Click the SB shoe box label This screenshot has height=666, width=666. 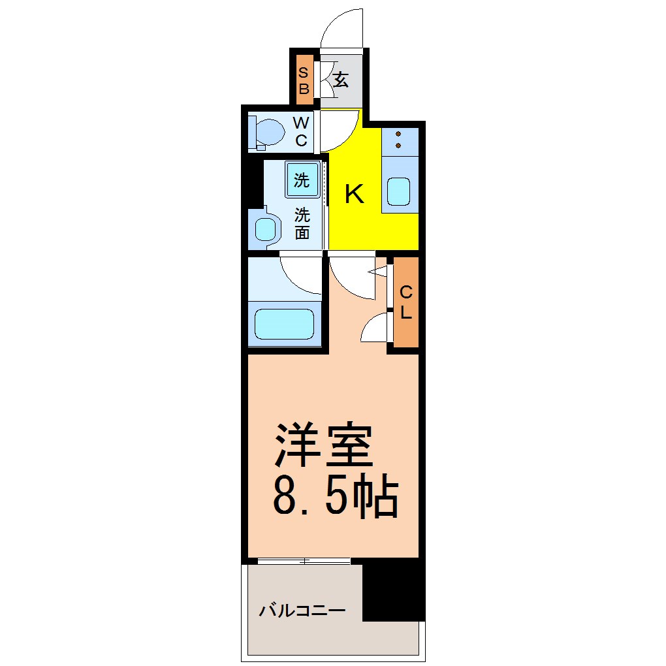[x=303, y=80]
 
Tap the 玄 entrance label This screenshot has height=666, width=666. [x=341, y=80]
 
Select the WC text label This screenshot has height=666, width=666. [x=301, y=131]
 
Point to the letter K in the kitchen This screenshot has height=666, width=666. [x=355, y=194]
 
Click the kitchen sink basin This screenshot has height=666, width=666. [x=398, y=191]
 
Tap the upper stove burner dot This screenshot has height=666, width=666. [x=398, y=135]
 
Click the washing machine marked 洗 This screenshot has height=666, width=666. [x=302, y=180]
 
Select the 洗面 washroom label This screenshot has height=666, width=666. [x=302, y=223]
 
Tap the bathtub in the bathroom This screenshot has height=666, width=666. [x=284, y=324]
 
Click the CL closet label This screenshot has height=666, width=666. [x=407, y=302]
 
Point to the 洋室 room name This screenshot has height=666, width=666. [x=324, y=445]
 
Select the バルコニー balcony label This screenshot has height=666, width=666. [x=302, y=611]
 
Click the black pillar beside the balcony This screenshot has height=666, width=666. [x=394, y=590]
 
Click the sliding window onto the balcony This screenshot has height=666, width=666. [x=304, y=561]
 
